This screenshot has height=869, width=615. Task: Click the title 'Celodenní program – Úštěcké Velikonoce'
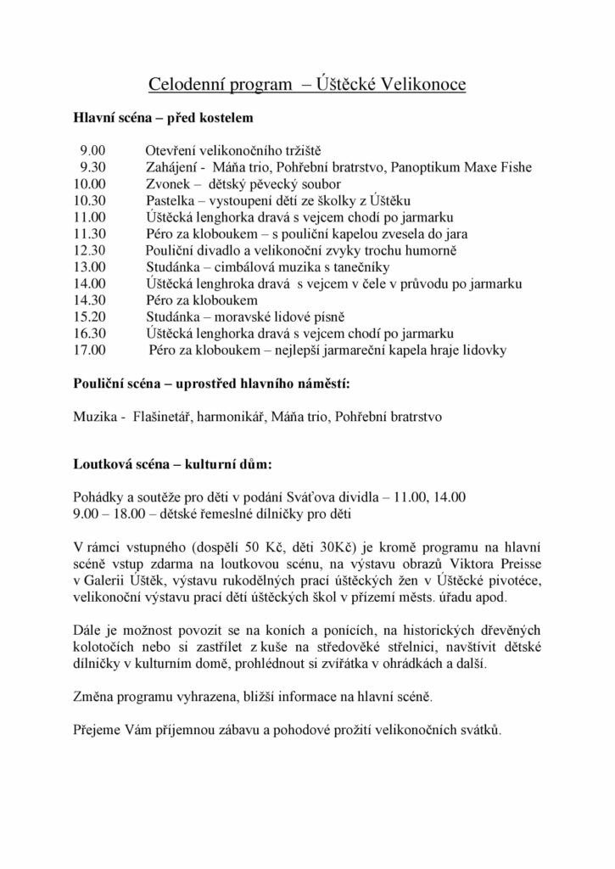point(307,85)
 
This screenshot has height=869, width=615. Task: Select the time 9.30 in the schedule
point(92,166)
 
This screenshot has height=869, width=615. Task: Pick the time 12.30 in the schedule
point(89,250)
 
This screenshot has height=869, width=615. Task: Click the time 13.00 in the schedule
point(89,266)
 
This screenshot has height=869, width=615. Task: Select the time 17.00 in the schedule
point(89,350)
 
